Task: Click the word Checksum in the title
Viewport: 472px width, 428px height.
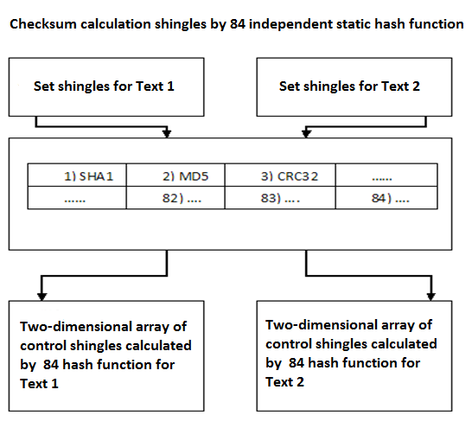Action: click(43, 24)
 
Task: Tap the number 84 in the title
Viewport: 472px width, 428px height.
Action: click(238, 24)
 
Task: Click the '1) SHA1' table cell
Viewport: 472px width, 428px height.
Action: click(77, 176)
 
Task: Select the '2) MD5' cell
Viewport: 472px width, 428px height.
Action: click(175, 176)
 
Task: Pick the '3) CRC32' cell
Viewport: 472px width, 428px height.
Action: click(280, 176)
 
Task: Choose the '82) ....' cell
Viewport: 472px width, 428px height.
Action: click(175, 198)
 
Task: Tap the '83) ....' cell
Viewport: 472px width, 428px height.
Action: click(280, 198)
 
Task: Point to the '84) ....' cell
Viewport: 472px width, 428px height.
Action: click(386, 198)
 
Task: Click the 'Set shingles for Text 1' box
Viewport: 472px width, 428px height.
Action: click(106, 87)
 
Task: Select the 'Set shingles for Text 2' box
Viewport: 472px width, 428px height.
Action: click(354, 87)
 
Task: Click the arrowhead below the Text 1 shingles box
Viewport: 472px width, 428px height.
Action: click(167, 134)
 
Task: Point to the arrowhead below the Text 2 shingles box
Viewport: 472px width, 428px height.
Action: click(306, 134)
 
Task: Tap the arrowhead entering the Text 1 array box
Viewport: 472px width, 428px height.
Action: click(41, 297)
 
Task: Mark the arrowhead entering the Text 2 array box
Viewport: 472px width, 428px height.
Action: click(431, 297)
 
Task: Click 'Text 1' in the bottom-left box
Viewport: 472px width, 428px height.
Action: click(39, 384)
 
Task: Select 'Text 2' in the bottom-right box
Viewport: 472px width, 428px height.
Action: click(284, 382)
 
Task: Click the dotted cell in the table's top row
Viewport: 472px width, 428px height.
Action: click(386, 176)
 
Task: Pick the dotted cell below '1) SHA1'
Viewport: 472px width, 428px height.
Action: click(77, 198)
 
